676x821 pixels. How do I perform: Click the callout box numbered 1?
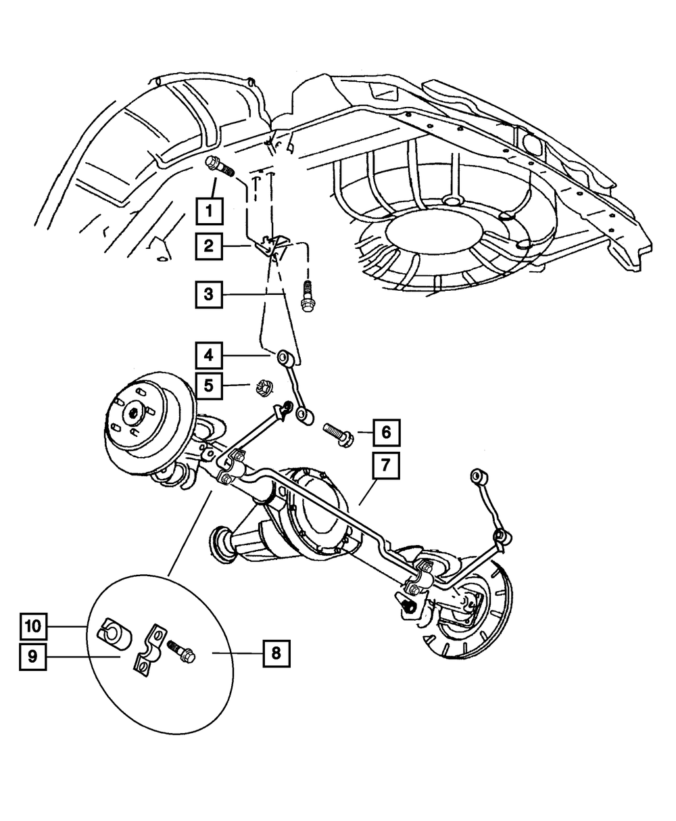click(210, 211)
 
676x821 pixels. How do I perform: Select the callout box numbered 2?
click(210, 247)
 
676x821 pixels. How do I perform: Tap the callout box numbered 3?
click(210, 295)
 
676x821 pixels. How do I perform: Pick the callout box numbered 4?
click(210, 354)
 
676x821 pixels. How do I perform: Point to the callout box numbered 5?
click(210, 386)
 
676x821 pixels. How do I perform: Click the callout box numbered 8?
click(276, 653)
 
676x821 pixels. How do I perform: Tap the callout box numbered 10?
click(33, 626)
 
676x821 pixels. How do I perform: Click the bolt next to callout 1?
click(218, 165)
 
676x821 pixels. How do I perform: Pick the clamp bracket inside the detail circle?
click(150, 650)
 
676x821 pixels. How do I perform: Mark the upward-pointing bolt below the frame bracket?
click(306, 301)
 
